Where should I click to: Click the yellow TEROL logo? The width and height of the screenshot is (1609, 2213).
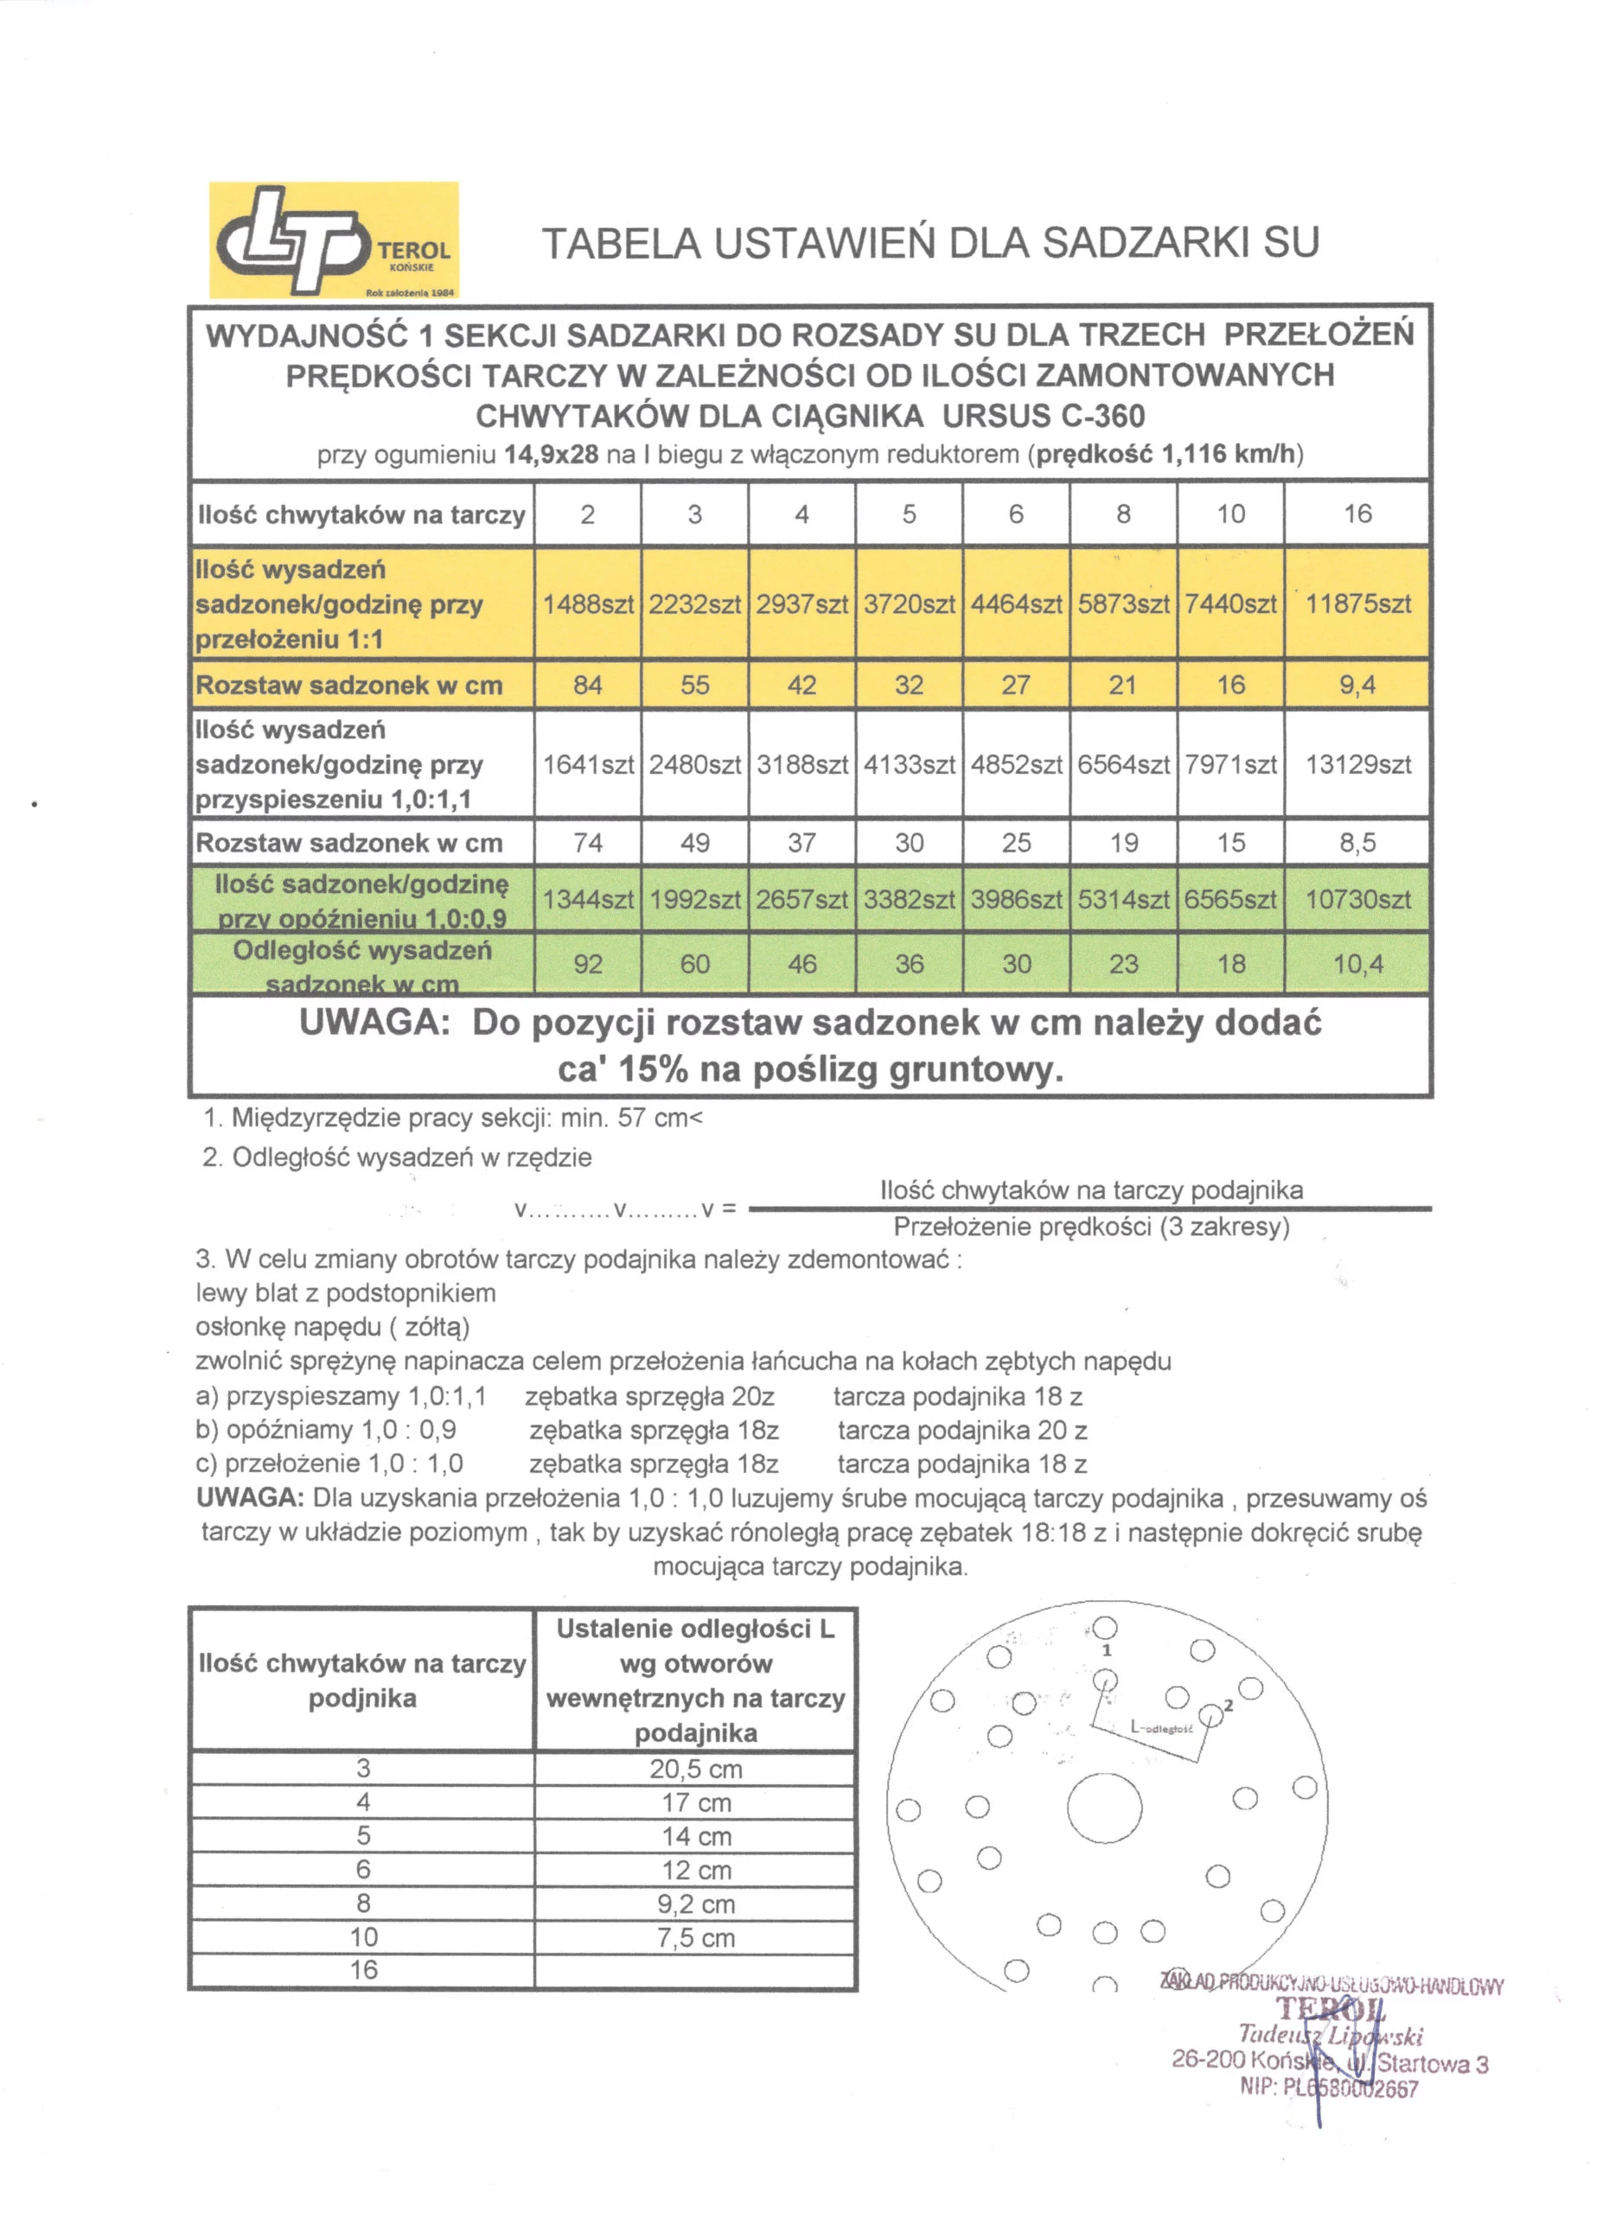click(334, 239)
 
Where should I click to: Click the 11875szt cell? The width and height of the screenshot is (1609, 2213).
click(1357, 604)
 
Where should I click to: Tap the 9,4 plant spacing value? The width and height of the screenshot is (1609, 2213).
click(1357, 685)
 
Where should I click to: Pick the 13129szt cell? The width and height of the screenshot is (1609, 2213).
click(1357, 764)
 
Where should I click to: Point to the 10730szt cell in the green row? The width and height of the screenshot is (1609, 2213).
click(1357, 899)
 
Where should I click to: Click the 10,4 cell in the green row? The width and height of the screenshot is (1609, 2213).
click(1357, 964)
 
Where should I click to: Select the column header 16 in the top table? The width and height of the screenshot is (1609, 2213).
click(1357, 514)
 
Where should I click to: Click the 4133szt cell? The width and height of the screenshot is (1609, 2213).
click(909, 764)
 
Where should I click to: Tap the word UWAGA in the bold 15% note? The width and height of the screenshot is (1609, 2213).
click(374, 1023)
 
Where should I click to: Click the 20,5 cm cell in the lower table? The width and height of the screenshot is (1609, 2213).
click(696, 1769)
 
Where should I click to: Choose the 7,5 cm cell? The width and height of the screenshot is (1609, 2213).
click(696, 1938)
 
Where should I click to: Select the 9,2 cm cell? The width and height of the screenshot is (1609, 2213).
click(696, 1904)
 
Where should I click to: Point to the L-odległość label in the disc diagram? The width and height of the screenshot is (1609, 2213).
click(1161, 1727)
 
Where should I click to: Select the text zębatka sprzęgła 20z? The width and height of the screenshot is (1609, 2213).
click(650, 1396)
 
